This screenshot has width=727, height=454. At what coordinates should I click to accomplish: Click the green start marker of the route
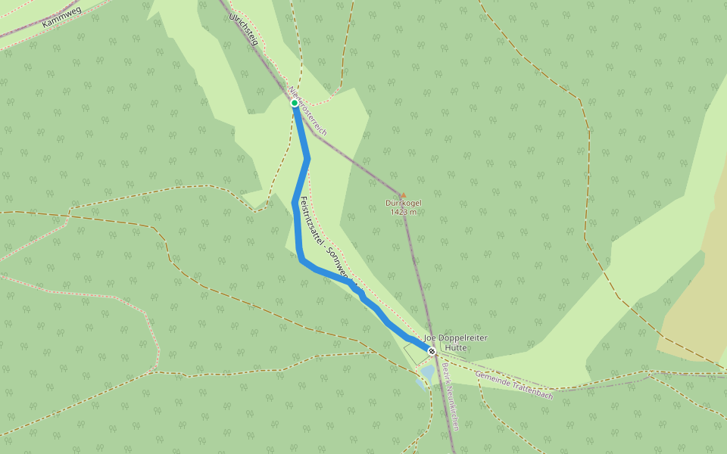click(295, 103)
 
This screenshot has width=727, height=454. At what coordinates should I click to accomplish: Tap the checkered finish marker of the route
click(432, 351)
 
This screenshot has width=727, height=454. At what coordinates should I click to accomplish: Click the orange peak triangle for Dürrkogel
click(403, 194)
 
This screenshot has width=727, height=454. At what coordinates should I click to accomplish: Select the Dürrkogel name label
click(403, 203)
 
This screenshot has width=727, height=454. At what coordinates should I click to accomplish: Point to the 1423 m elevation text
click(403, 212)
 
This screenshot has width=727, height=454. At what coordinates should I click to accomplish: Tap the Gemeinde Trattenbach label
click(513, 385)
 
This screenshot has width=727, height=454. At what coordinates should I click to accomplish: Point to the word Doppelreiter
click(461, 337)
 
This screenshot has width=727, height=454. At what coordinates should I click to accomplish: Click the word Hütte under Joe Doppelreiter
click(456, 347)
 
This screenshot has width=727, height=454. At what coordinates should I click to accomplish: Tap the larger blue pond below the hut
click(428, 373)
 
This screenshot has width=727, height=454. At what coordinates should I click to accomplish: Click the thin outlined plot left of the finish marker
click(415, 352)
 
